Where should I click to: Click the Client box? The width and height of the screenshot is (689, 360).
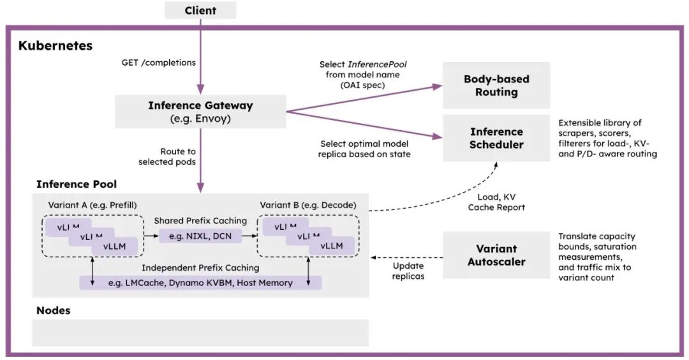click(x=200, y=10)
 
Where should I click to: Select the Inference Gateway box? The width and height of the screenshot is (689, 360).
click(x=200, y=112)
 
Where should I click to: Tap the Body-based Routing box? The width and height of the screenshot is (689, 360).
click(x=496, y=86)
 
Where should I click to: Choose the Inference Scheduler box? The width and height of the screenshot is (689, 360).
click(x=496, y=138)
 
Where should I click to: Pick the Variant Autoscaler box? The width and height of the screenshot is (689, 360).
click(x=496, y=255)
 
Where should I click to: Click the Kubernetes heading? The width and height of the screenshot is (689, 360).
click(x=56, y=46)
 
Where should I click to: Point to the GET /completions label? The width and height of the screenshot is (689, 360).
click(x=159, y=63)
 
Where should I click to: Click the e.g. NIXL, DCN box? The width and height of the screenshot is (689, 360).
click(x=200, y=236)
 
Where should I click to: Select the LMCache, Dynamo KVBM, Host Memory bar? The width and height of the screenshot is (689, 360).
click(x=200, y=283)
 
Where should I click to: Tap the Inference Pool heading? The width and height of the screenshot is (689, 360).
click(x=77, y=184)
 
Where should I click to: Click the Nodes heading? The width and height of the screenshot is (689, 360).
click(x=53, y=310)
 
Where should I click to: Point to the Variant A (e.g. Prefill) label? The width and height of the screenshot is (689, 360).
click(x=93, y=206)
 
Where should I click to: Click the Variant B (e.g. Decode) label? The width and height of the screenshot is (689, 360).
click(x=308, y=206)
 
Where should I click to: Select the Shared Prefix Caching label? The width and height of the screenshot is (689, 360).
click(x=200, y=221)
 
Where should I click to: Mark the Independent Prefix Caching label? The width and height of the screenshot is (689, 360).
click(x=200, y=267)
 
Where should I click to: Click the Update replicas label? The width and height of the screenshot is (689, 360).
click(x=408, y=271)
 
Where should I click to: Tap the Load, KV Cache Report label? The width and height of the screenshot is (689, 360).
click(x=496, y=202)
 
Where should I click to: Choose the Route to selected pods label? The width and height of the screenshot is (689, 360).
click(x=167, y=156)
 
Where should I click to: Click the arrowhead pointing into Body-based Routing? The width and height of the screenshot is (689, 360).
click(x=438, y=87)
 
